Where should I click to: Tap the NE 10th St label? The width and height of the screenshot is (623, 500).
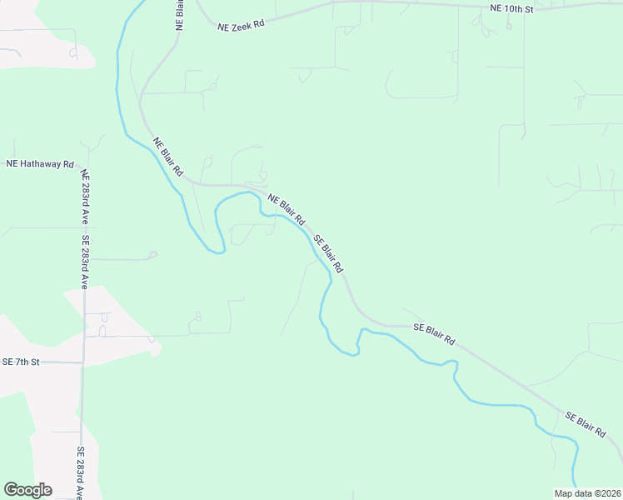click(x=510, y=8)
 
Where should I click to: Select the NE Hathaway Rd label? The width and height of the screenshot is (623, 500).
click(x=40, y=164)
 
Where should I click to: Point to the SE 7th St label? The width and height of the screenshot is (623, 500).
click(x=21, y=362)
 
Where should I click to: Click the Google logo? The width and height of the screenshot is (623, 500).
click(x=27, y=490)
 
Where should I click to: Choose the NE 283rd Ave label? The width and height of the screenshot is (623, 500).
click(x=84, y=198)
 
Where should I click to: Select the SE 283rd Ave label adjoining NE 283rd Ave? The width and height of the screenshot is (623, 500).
click(x=85, y=262)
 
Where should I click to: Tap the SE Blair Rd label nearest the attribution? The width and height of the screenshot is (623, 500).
click(x=585, y=425)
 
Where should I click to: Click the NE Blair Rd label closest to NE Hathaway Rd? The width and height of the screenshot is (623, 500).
click(x=167, y=157)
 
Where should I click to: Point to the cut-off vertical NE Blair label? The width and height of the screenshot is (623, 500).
click(x=179, y=15)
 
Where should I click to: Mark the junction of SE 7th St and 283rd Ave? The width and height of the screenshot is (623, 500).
click(x=82, y=362)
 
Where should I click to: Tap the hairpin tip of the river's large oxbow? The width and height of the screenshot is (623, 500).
click(x=220, y=251)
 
